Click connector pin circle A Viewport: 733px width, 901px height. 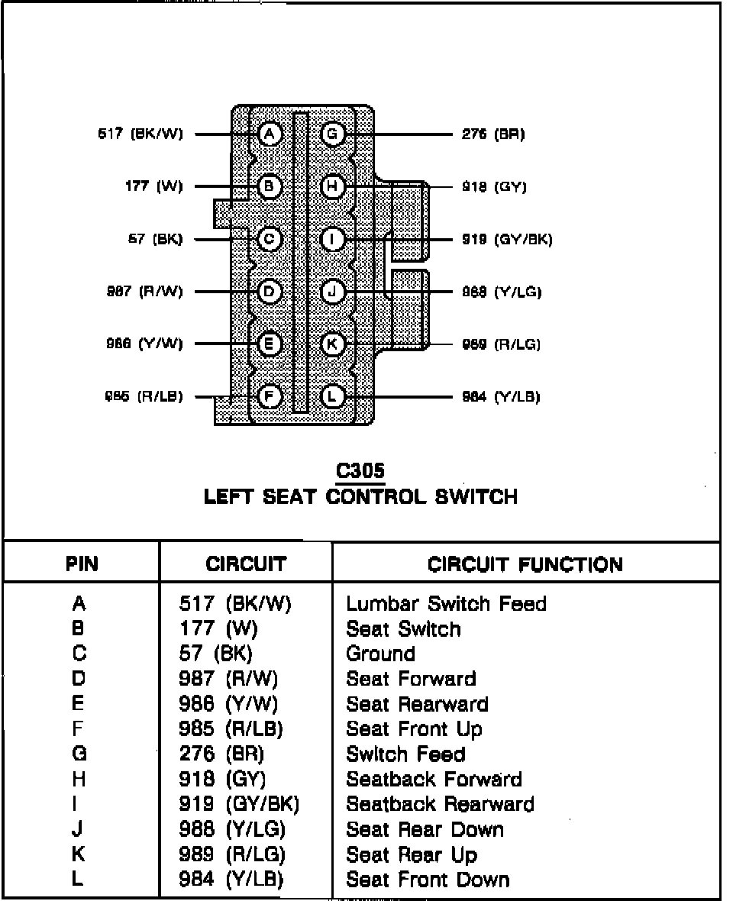click(270, 134)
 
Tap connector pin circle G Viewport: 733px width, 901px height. click(333, 134)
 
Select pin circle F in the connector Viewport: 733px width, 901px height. click(270, 396)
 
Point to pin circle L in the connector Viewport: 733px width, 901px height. click(333, 396)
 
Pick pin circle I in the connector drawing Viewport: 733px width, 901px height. click(333, 239)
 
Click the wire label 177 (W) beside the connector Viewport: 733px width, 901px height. click(153, 187)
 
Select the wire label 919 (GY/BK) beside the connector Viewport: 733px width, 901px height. click(507, 239)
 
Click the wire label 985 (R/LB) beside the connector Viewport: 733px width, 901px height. click(144, 396)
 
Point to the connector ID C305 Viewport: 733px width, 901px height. click(360, 470)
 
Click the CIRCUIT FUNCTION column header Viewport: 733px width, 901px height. click(525, 564)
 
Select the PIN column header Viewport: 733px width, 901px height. click(81, 564)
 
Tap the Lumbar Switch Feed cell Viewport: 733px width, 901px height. click(447, 604)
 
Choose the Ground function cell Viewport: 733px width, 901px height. click(381, 654)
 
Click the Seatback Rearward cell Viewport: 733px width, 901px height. click(441, 804)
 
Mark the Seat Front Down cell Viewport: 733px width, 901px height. click(428, 880)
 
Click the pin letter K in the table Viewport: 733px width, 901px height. click(79, 854)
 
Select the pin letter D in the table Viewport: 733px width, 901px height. click(79, 679)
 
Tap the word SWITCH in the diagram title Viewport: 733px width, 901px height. click(476, 497)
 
